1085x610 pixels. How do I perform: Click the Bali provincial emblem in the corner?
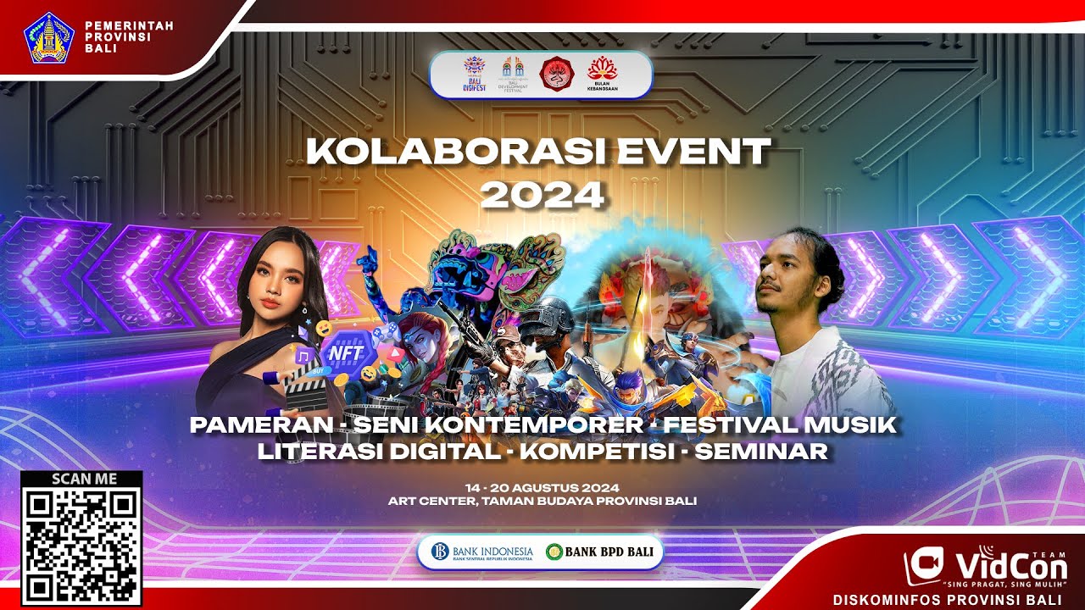(52, 38)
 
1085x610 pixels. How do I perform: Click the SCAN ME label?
(81, 479)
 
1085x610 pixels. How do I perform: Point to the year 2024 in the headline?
(542, 195)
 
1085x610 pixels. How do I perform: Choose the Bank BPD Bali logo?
(600, 552)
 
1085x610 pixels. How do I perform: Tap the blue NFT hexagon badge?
(345, 352)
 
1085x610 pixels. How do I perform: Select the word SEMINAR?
(760, 452)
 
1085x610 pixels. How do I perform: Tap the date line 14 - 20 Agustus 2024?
(542, 488)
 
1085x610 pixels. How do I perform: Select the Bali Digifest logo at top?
(473, 75)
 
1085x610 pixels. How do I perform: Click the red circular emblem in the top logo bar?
(556, 75)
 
